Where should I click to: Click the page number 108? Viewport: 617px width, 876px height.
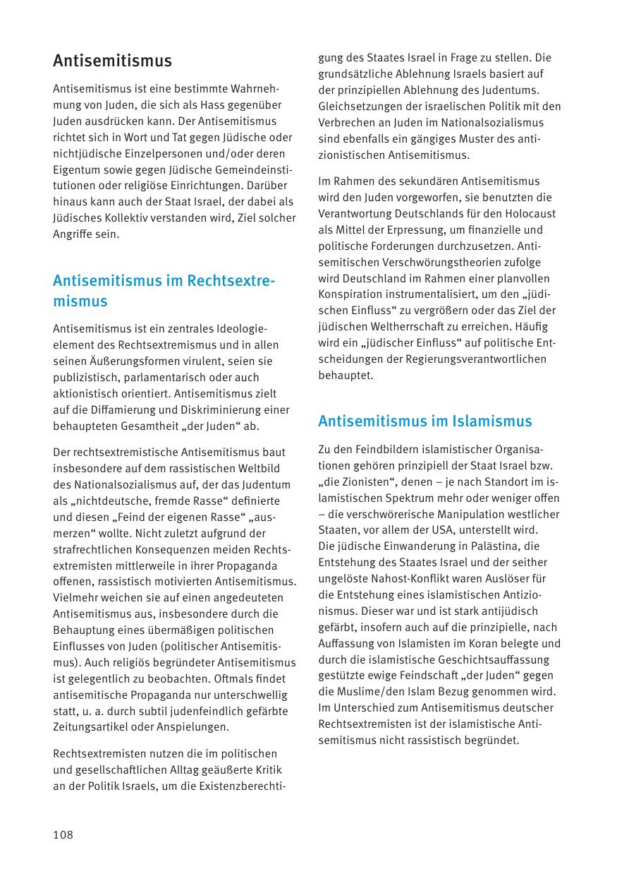point(63,835)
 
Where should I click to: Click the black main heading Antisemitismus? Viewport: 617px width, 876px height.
point(112,61)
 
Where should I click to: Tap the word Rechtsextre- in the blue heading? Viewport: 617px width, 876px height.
point(231,280)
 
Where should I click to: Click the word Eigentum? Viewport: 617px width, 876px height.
point(75,169)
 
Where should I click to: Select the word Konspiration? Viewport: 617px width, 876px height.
point(354,294)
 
